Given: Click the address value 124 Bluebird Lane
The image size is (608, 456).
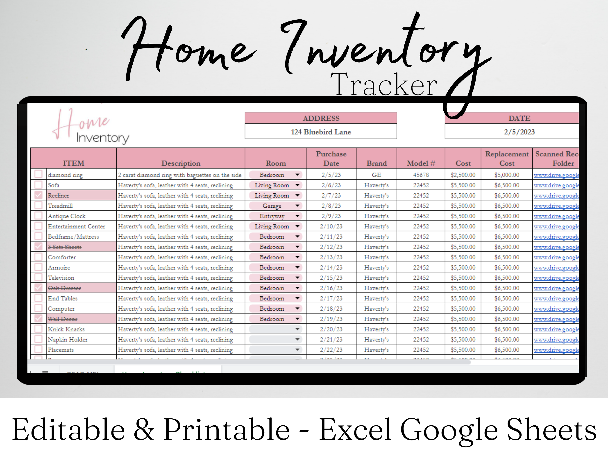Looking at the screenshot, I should (x=321, y=132).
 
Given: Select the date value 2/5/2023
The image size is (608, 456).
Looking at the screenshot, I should (x=519, y=132).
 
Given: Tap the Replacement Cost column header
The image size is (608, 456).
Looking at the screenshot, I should (x=507, y=159).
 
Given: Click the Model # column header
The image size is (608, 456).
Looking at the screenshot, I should (x=421, y=163).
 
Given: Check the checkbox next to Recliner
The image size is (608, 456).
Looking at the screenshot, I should (x=39, y=195).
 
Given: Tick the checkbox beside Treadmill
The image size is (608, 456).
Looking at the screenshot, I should (x=39, y=205).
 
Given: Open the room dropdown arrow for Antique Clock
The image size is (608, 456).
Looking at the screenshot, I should (x=297, y=216).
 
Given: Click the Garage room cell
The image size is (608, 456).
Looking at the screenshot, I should (x=272, y=206).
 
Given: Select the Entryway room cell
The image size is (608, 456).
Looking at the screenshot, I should (x=272, y=216).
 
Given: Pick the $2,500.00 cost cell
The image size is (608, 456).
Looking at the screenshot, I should (x=463, y=175).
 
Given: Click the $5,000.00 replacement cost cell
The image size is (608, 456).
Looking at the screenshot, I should (x=507, y=175).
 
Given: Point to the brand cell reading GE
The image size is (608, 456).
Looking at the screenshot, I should (x=376, y=175).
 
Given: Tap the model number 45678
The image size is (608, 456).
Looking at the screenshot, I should (x=421, y=175).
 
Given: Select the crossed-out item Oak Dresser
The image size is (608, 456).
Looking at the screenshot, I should (x=64, y=288).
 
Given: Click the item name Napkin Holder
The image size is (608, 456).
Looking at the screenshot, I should (x=68, y=339).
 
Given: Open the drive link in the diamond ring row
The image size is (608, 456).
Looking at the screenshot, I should (x=556, y=175).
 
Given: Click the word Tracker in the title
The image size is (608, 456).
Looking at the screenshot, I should (x=384, y=85).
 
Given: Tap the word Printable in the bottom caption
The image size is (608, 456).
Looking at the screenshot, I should (x=227, y=430).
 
